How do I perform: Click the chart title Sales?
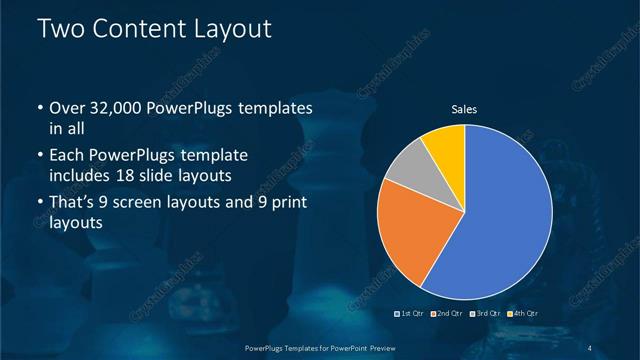click(464, 109)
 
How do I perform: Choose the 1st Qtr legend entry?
click(411, 314)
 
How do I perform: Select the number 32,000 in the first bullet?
click(116, 109)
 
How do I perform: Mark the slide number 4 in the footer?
click(591, 348)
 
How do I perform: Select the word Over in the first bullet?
click(65, 109)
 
